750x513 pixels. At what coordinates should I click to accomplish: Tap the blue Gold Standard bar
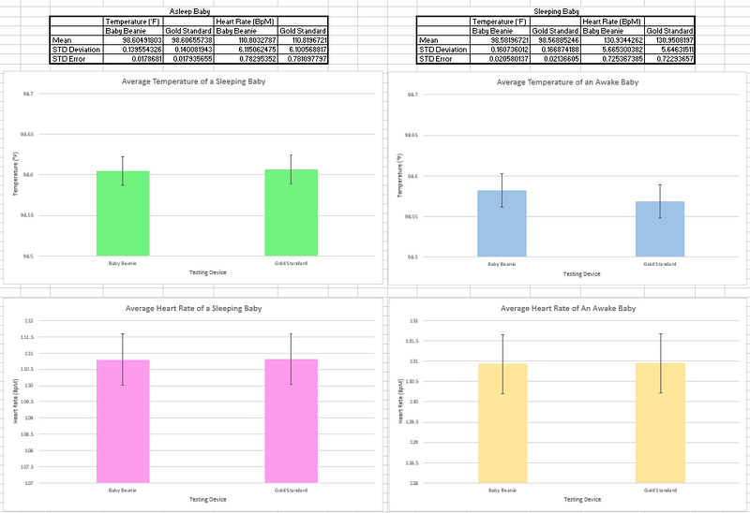coord(660,228)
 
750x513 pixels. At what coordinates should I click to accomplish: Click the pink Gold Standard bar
coord(291,421)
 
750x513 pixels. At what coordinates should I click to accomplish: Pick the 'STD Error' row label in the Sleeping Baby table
coord(437,58)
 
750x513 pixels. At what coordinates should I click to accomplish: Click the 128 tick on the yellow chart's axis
coord(412,483)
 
